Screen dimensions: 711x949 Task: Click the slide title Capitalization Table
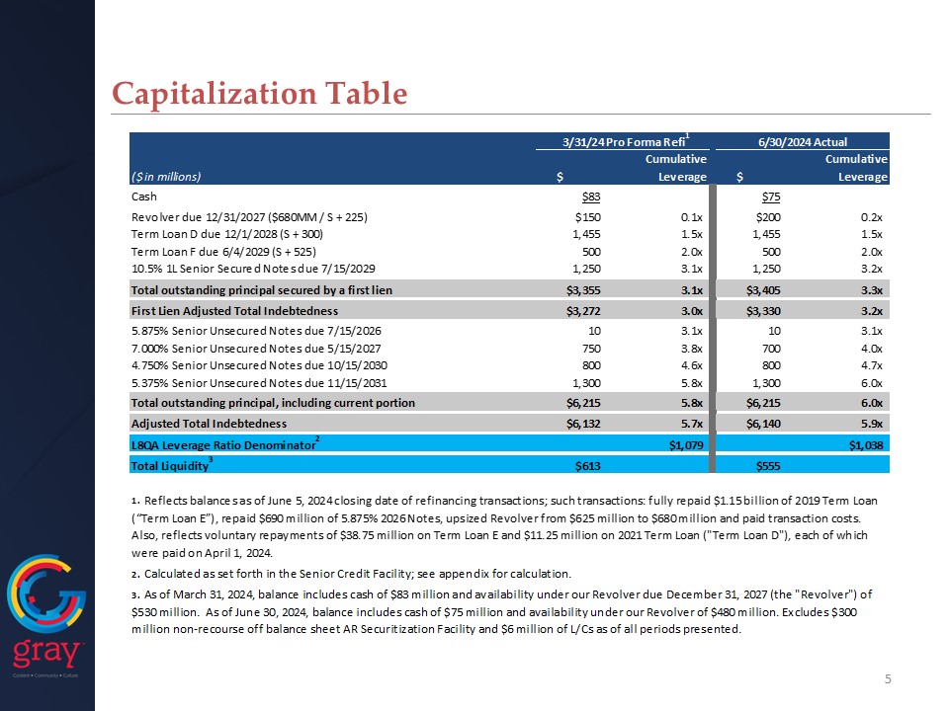point(259,93)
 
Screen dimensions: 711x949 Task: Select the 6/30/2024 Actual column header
point(802,141)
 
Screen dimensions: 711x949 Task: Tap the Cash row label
point(145,197)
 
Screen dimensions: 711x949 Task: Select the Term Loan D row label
point(226,234)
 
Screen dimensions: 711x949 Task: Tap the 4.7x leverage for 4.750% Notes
point(870,366)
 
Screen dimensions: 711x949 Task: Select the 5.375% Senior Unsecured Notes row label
point(253,384)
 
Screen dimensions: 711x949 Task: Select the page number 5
point(888,679)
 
